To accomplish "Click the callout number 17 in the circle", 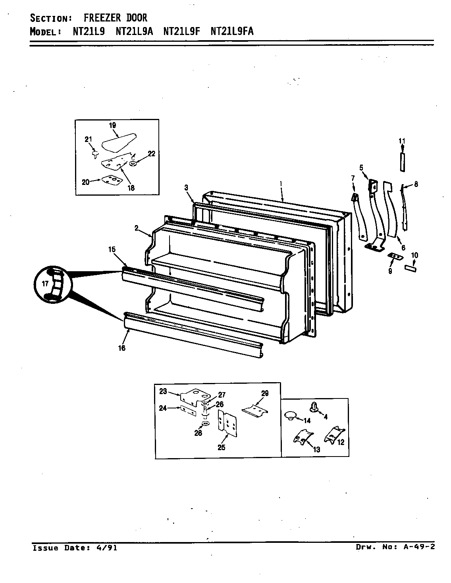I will [x=44, y=284].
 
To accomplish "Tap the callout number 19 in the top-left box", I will [x=112, y=125].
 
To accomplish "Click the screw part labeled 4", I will [x=313, y=406].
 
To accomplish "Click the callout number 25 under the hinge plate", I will [x=222, y=447].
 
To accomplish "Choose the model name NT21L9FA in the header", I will [x=232, y=31].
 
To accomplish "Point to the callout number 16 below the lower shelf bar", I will [x=121, y=348].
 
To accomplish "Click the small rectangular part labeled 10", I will [x=411, y=269].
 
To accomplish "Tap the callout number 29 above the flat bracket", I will [x=265, y=393].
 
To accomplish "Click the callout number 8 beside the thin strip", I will [x=416, y=184].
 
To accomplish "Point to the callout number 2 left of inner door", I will [x=136, y=228].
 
